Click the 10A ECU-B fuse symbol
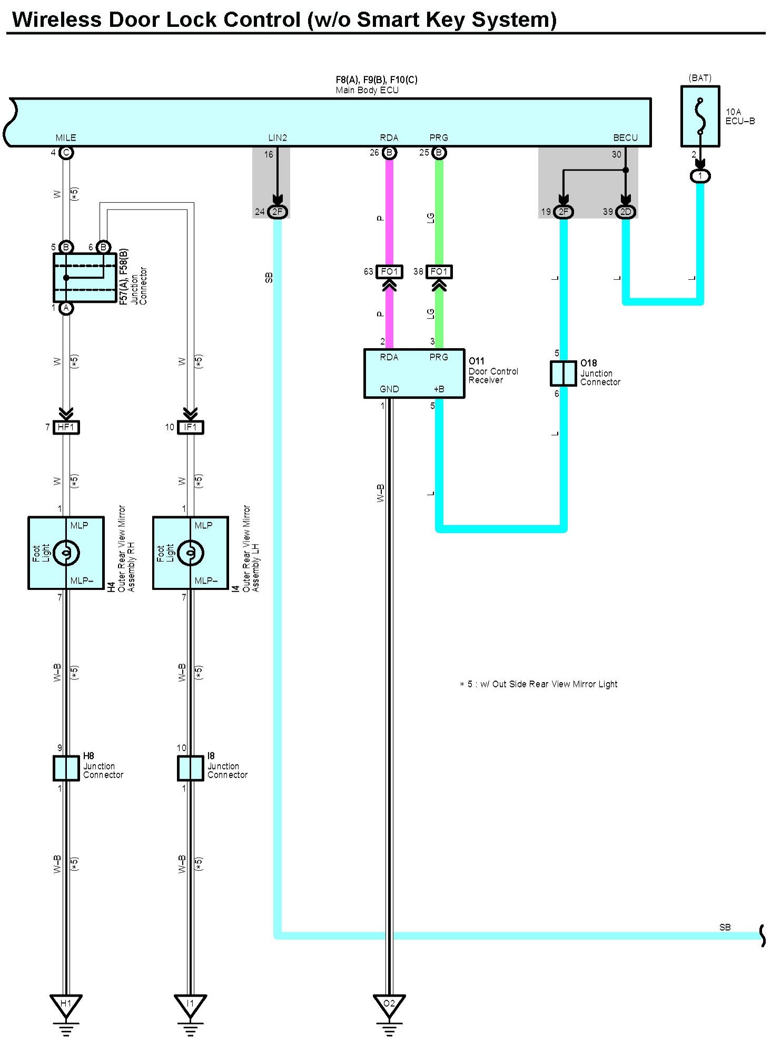point(700,116)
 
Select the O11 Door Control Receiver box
point(414,373)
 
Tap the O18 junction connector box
point(563,373)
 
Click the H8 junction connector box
point(66,768)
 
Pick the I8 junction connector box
point(190,768)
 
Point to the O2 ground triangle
point(389,1006)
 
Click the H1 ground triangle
point(66,1006)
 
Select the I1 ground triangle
point(190,1006)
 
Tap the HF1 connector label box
point(66,427)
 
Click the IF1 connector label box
point(190,427)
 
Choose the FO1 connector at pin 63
point(389,272)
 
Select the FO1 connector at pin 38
point(439,272)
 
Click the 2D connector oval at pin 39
point(626,212)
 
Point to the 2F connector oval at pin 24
point(278,212)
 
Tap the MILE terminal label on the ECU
point(66,137)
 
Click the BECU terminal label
point(625,137)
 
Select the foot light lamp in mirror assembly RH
point(66,553)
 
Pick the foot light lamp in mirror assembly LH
point(190,553)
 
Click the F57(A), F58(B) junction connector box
point(85,278)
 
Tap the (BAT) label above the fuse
point(700,78)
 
